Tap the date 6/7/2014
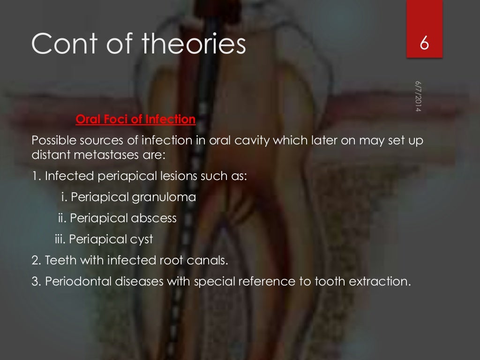[418, 97]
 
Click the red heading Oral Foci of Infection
[135, 120]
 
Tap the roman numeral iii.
[60, 240]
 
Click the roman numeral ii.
[61, 218]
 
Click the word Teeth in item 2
[58, 261]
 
